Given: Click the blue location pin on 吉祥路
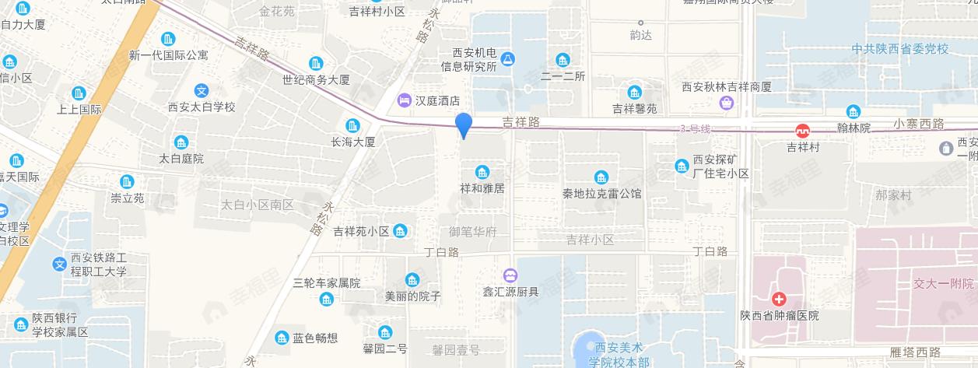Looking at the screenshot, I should (x=464, y=124).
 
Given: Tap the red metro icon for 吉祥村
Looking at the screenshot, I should (x=802, y=131).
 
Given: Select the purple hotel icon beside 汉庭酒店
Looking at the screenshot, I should (x=404, y=100).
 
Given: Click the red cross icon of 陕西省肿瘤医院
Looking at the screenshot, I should (x=778, y=300).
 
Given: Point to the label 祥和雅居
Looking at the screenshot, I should (x=482, y=188).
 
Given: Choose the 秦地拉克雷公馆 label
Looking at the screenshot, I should (x=602, y=192).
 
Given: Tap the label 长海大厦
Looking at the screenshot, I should (x=353, y=142).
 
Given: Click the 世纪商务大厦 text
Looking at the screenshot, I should (x=316, y=79).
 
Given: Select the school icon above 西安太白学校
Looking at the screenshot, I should (x=202, y=90).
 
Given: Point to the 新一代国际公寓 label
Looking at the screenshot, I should (x=169, y=55).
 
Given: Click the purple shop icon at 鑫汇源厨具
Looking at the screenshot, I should (x=510, y=275).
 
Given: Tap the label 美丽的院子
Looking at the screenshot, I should (x=413, y=296).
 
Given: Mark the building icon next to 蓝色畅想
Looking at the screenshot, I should (x=282, y=338).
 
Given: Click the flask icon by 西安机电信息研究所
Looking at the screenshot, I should (x=508, y=58).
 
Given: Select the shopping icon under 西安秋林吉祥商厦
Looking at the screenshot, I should (x=727, y=102).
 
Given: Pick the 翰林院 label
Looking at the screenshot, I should (x=854, y=126).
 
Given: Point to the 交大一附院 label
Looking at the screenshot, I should (x=944, y=283).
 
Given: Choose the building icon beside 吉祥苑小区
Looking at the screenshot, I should (x=401, y=231).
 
